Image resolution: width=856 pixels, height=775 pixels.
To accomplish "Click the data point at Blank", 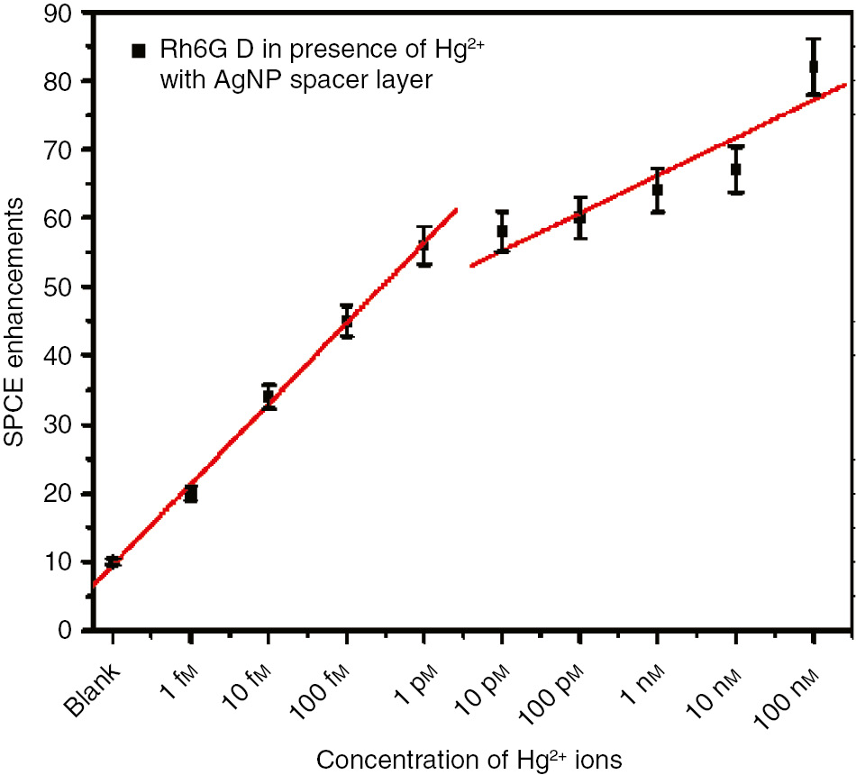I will pyautogui.click(x=113, y=561).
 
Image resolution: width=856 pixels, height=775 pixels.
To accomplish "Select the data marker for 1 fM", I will pyautogui.click(x=190, y=494).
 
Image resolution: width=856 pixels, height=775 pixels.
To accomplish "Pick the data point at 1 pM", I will pyautogui.click(x=423, y=245).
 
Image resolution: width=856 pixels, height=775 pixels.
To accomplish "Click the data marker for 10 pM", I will pyautogui.click(x=502, y=232).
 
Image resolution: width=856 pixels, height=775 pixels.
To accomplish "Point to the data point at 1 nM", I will pyautogui.click(x=658, y=190).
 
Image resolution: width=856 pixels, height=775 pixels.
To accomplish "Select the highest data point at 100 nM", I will pyautogui.click(x=813, y=67).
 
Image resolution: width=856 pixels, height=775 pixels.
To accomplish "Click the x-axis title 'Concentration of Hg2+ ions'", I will pyautogui.click(x=469, y=759).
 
